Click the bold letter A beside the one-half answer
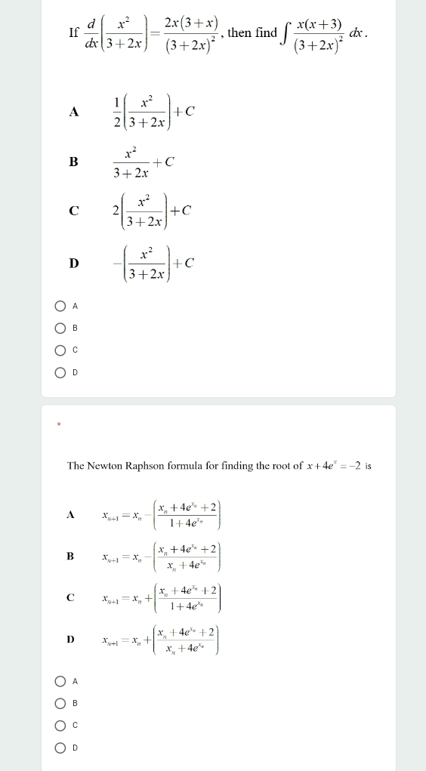[73, 112]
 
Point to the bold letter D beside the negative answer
[73, 263]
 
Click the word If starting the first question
[73, 32]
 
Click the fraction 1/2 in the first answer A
[117, 111]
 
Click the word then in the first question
[239, 32]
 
